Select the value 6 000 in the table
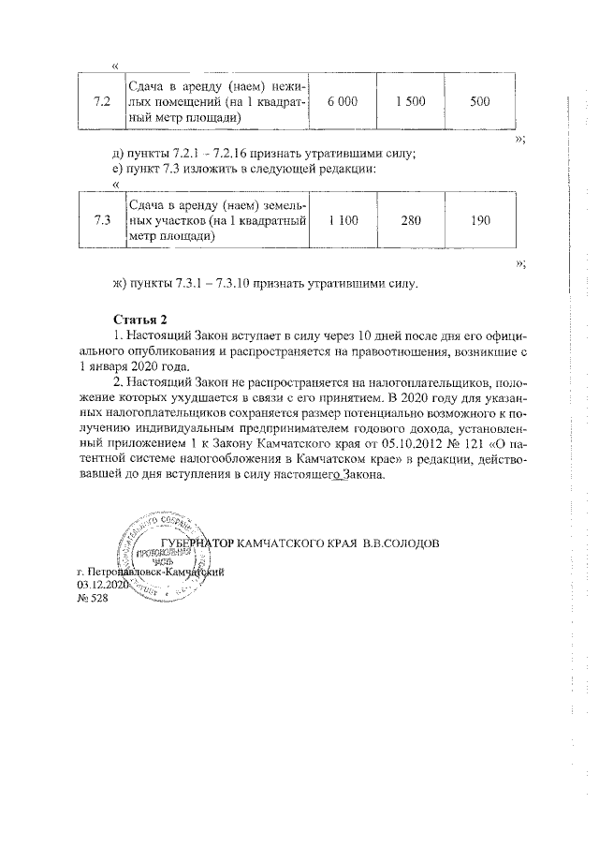click(x=342, y=102)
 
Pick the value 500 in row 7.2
click(x=479, y=102)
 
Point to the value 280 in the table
click(x=411, y=221)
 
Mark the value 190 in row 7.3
click(x=479, y=221)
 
